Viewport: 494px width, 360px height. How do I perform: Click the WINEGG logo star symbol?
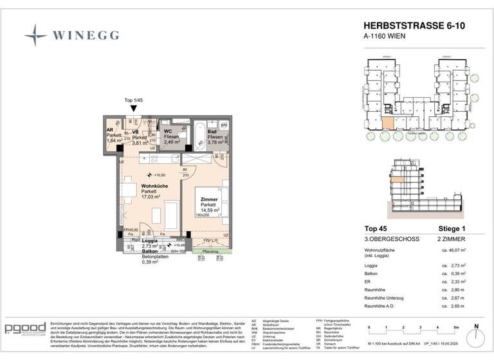coord(35,35)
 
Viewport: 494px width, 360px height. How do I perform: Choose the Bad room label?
coord(212,132)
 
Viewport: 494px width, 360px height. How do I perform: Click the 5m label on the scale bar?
coord(455,328)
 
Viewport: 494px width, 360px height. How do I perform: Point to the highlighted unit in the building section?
coord(399,181)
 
